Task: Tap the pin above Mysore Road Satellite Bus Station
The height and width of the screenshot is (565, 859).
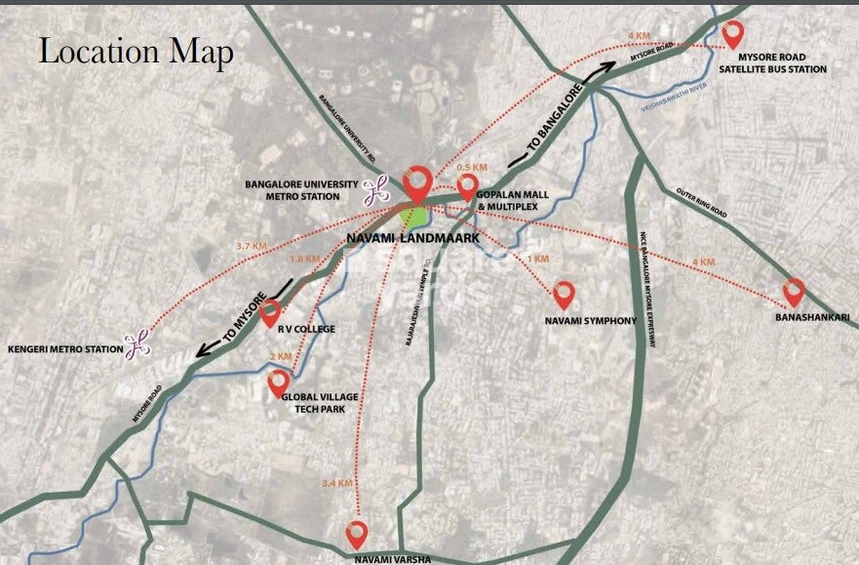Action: (731, 34)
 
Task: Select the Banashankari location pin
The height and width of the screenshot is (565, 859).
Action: (794, 291)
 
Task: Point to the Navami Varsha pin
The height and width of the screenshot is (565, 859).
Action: (357, 533)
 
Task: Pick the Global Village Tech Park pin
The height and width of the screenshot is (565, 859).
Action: (279, 383)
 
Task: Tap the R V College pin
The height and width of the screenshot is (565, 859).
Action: (270, 312)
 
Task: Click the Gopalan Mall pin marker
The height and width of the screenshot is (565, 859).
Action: (468, 185)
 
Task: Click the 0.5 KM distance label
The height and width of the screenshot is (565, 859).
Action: (472, 166)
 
